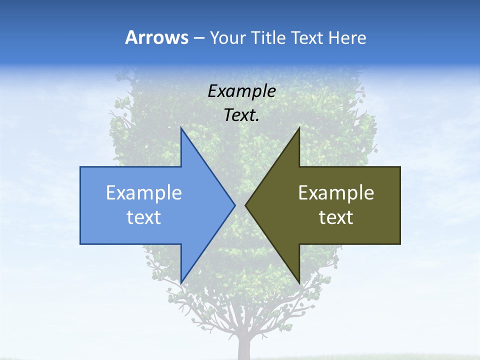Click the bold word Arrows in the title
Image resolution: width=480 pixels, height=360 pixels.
pyautogui.click(x=157, y=37)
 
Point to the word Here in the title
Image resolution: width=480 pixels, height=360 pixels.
pyautogui.click(x=347, y=38)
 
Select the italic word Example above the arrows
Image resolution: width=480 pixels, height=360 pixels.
pyautogui.click(x=241, y=91)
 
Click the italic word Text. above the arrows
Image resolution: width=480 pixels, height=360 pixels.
pyautogui.click(x=241, y=115)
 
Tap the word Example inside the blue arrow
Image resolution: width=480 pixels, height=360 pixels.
pyautogui.click(x=144, y=193)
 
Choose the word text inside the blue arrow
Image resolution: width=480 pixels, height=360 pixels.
pyautogui.click(x=144, y=217)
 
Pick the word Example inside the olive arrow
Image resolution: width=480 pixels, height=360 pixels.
pyautogui.click(x=336, y=193)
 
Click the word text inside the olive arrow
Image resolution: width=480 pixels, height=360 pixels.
pyautogui.click(x=336, y=217)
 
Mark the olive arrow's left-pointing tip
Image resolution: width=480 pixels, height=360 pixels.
pyautogui.click(x=246, y=205)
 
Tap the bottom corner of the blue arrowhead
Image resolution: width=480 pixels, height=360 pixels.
pyautogui.click(x=181, y=281)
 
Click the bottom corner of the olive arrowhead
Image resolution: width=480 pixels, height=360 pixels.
pyautogui.click(x=298, y=281)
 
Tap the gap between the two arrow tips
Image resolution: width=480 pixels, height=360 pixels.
pyautogui.click(x=240, y=205)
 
